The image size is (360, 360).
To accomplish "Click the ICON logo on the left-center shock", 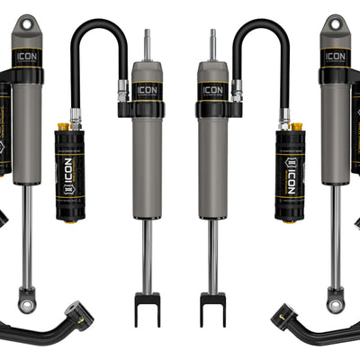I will [147, 89].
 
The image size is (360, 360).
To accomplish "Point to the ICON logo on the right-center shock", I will [213, 89].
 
